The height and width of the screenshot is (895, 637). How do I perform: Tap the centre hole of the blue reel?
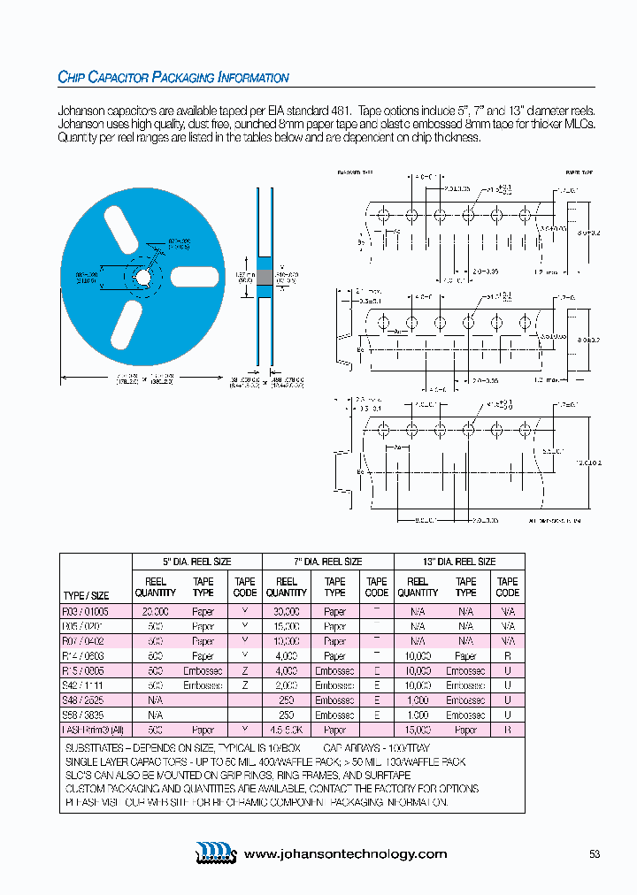(x=142, y=277)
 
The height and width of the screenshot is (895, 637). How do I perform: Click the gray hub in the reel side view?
(x=264, y=277)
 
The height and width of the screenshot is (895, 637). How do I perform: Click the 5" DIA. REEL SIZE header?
(x=196, y=562)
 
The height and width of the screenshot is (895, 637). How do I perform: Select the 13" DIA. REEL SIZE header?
(x=459, y=562)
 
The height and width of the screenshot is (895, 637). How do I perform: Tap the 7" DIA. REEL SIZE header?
(x=328, y=562)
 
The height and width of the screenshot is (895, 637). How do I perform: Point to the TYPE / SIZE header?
(x=87, y=595)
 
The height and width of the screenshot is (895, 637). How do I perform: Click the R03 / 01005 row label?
(x=87, y=611)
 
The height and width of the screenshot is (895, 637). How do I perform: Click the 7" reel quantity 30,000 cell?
(x=287, y=611)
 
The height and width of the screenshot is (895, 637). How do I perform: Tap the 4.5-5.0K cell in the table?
(x=287, y=730)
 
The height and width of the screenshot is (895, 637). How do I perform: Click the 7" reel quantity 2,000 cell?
(x=287, y=685)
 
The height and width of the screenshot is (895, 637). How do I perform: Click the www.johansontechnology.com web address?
(x=345, y=853)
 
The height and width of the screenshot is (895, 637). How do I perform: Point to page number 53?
(x=595, y=853)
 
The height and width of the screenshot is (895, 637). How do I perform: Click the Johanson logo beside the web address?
(x=216, y=853)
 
